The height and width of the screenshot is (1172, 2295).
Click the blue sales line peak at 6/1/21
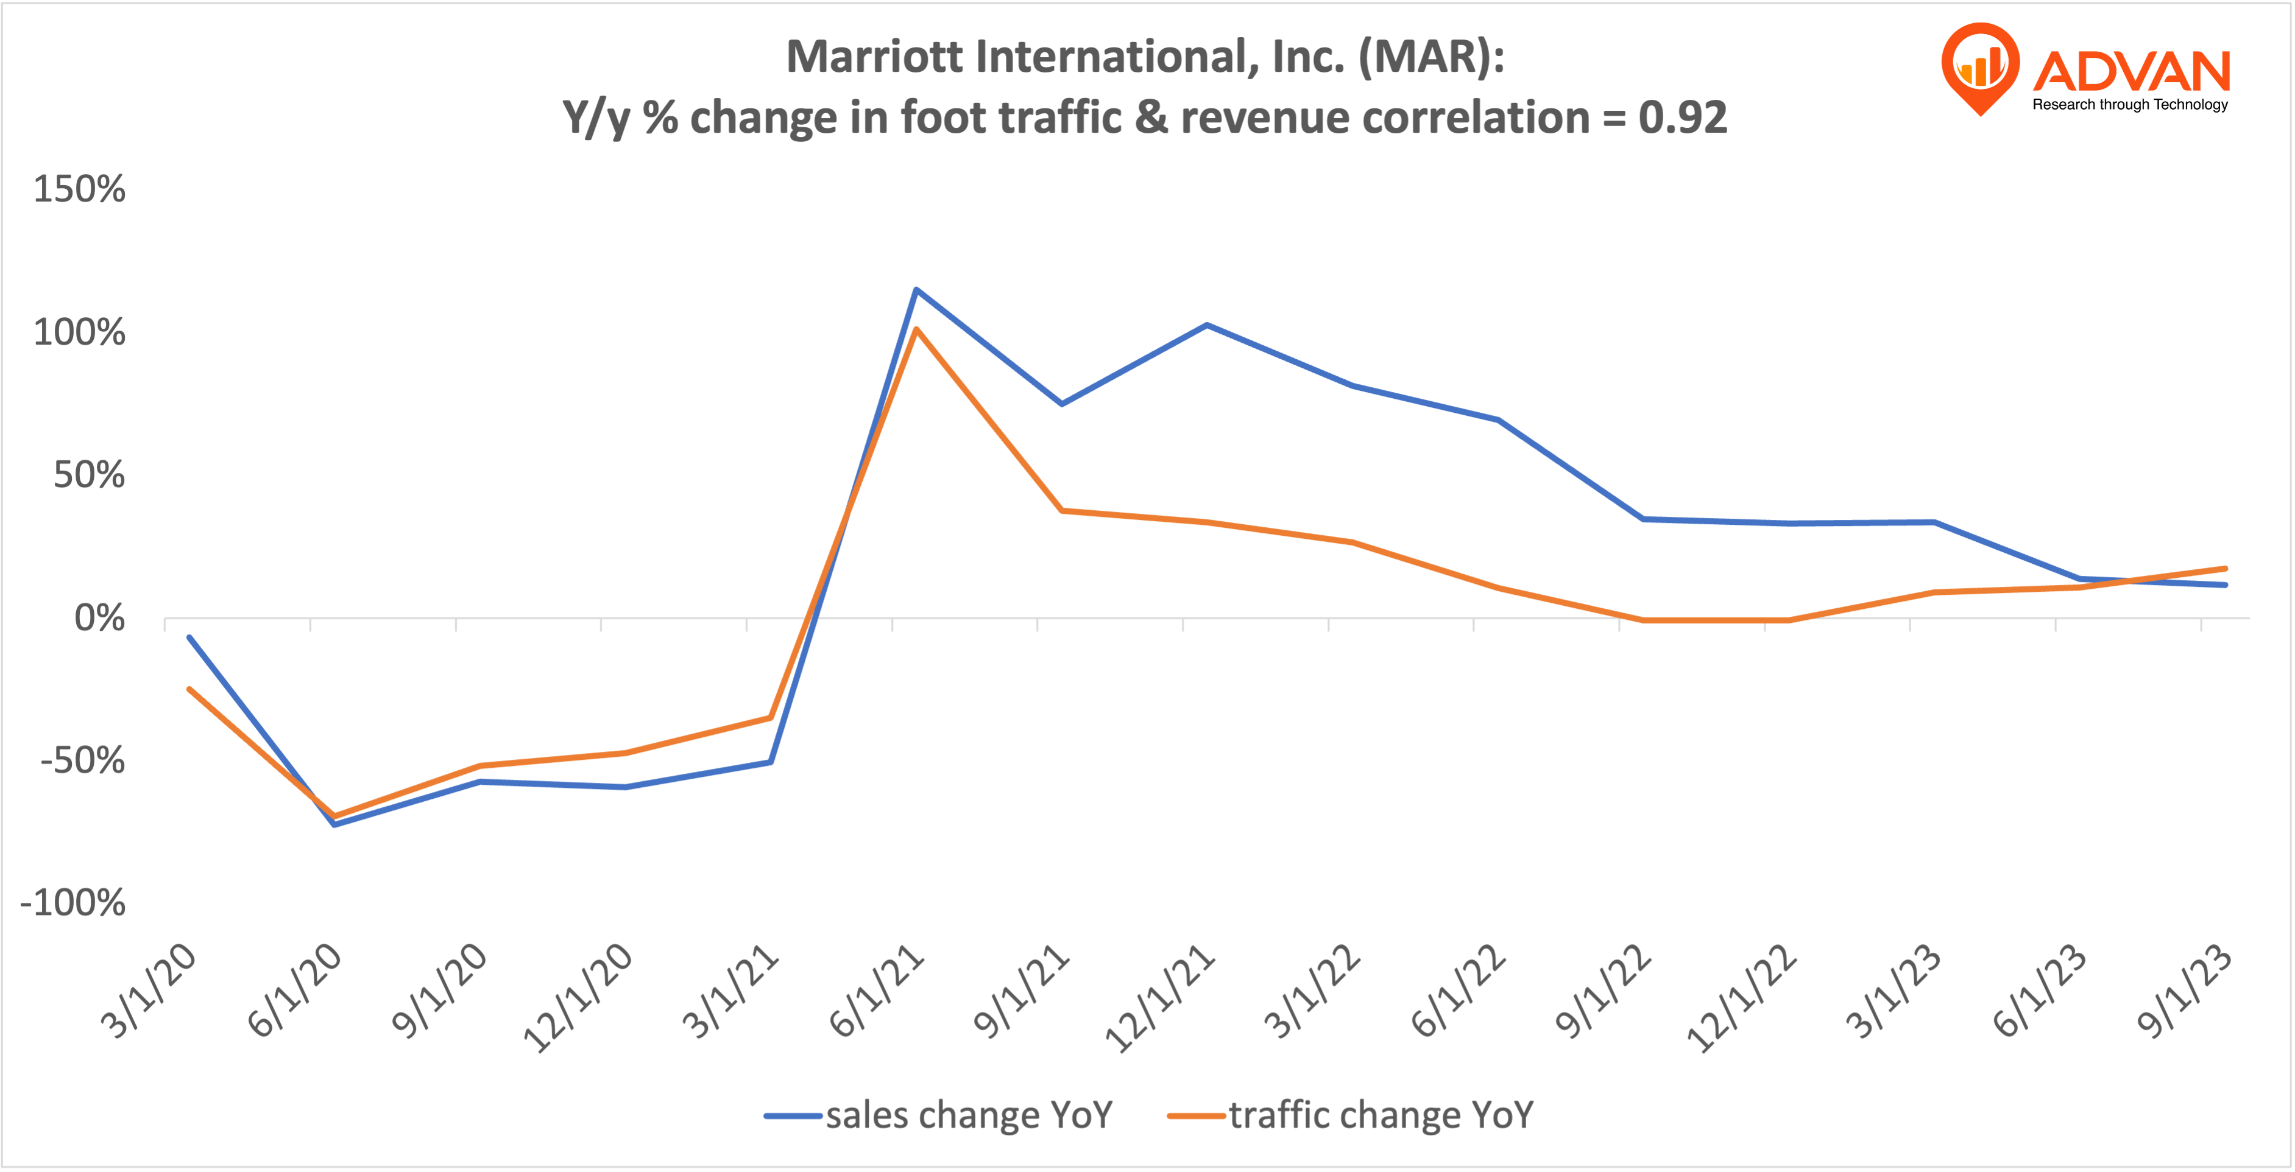[x=916, y=289]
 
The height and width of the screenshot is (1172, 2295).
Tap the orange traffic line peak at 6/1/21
[x=916, y=329]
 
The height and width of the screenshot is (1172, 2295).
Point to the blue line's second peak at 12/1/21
[x=1206, y=325]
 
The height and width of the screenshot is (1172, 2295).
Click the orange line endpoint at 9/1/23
[x=2224, y=568]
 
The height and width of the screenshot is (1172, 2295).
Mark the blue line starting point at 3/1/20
[x=189, y=637]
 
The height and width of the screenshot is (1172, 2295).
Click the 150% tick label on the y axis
[x=79, y=190]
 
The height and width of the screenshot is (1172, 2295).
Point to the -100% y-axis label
[x=73, y=903]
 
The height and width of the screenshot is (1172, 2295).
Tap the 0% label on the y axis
[x=99, y=618]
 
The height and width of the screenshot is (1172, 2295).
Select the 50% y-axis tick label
[x=88, y=475]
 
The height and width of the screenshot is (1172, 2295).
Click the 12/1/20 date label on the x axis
[x=579, y=997]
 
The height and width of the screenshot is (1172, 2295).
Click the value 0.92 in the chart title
[x=1682, y=118]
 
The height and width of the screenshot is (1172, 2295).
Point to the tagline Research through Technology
[x=2129, y=104]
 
